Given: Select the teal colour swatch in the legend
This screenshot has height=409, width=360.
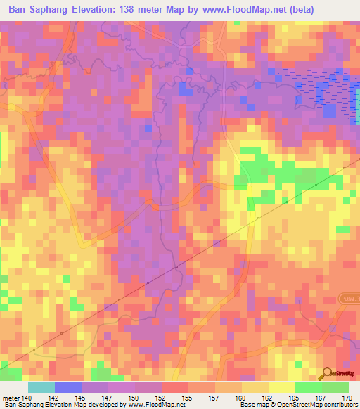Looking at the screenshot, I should click(41, 387).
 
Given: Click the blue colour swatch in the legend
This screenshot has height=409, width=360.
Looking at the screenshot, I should click(68, 387).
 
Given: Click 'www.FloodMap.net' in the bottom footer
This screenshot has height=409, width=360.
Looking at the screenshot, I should click(153, 405).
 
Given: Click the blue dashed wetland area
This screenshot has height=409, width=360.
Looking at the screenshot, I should click(309, 90).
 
